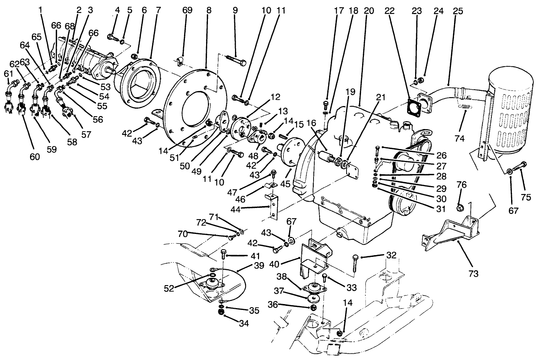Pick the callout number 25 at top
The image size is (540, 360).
click(458, 11)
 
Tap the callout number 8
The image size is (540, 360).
click(209, 11)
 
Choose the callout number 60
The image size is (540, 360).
click(35, 157)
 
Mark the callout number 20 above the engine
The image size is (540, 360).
click(368, 11)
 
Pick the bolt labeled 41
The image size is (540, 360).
click(223, 255)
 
